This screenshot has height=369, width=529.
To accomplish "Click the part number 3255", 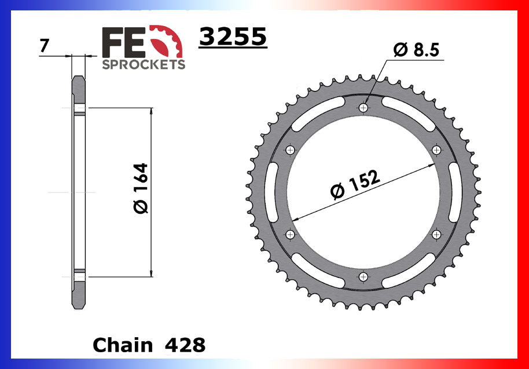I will coord(233,37).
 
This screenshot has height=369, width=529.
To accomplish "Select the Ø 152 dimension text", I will coord(355,184).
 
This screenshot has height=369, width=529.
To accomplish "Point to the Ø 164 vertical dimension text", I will coord(141,189).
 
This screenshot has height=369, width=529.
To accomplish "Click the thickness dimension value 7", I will coord(43,46).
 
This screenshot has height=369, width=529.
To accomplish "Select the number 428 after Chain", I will coord(185,345).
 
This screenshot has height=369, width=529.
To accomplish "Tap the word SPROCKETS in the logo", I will coord(144,64).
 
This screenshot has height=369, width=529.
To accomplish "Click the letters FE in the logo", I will coord(120,41).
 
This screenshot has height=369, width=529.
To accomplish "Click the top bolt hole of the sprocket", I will coord(363,108).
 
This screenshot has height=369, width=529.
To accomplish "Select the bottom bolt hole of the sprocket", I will coord(363,276).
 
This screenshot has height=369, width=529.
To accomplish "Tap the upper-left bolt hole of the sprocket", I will coord(290,150).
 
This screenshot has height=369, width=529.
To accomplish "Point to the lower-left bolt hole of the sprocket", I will coord(290,234).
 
